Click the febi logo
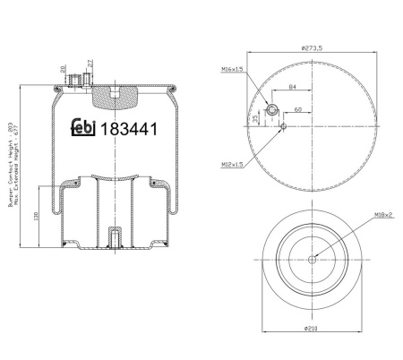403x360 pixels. point(83,128)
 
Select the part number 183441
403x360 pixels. point(129,129)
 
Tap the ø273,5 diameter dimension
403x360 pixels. point(312,47)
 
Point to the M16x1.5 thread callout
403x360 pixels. point(232,69)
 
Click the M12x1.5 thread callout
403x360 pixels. point(232,164)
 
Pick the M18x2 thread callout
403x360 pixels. point(383,215)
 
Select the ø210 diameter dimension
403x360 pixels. point(311,329)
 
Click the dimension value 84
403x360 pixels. point(293,87)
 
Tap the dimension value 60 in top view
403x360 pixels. point(298,109)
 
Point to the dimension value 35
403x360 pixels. point(255,118)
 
